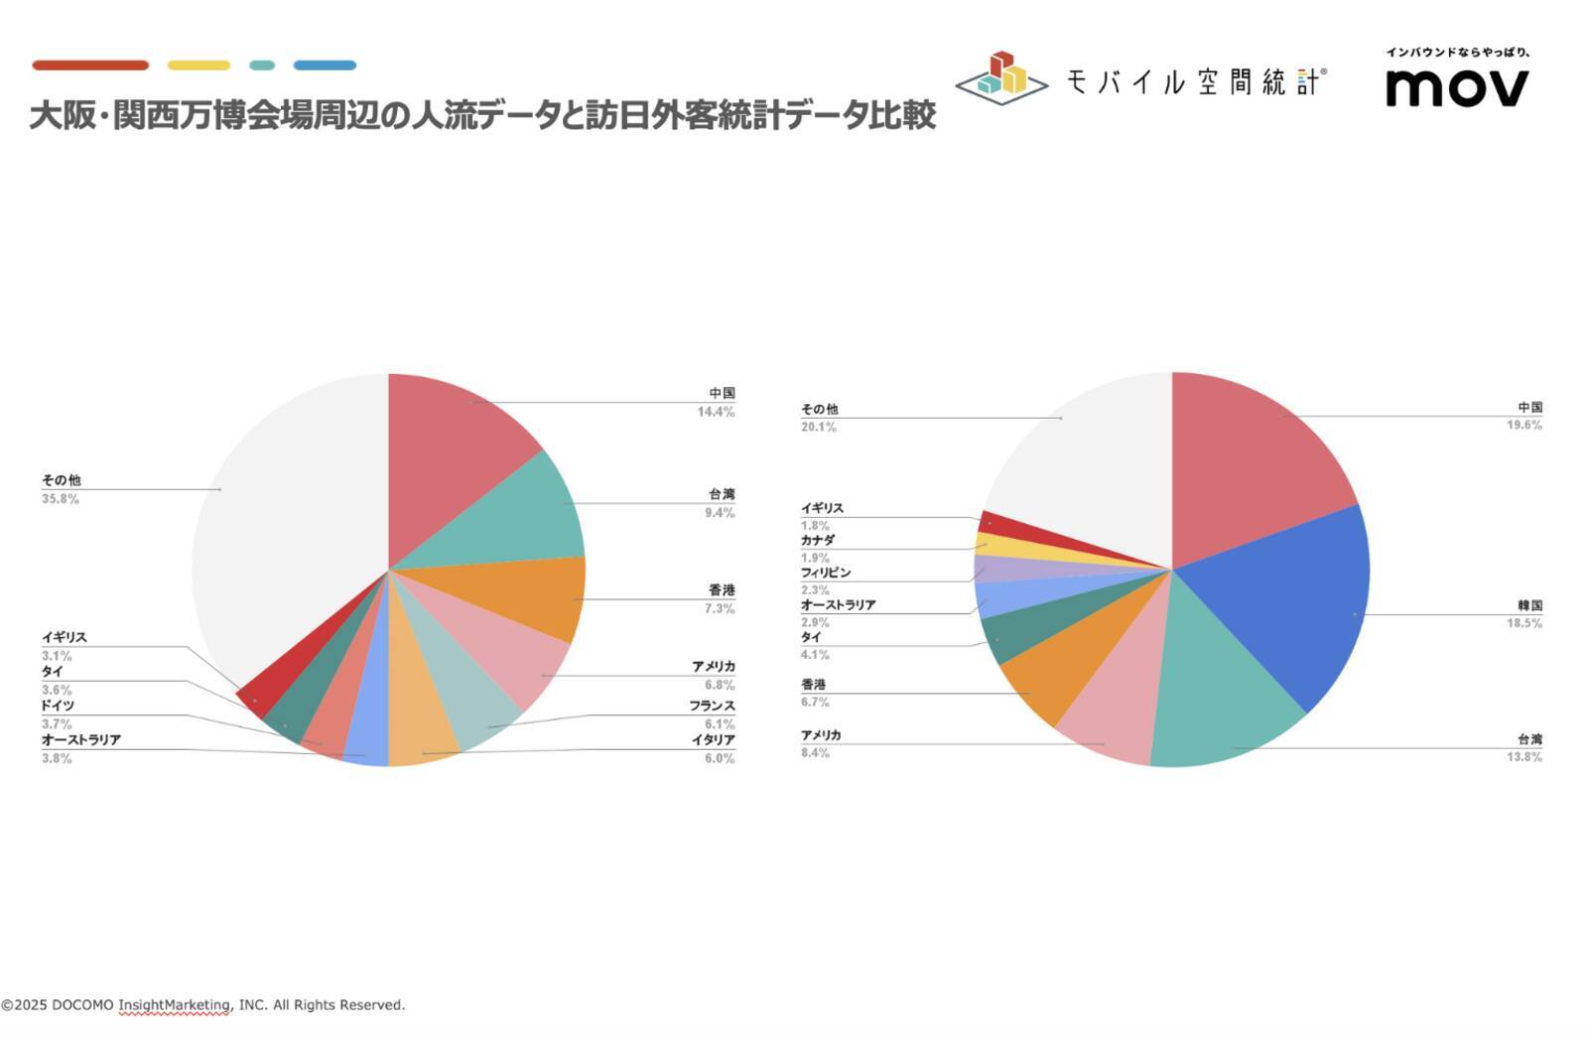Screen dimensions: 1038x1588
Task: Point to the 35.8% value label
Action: click(x=61, y=499)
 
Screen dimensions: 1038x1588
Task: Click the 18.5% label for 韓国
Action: click(x=1524, y=623)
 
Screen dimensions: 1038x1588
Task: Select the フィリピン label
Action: click(x=826, y=573)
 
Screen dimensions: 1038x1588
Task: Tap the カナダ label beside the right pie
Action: click(x=818, y=541)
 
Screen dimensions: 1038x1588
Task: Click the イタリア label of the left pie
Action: click(x=714, y=740)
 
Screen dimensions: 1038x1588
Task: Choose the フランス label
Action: click(x=713, y=706)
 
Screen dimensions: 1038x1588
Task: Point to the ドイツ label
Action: click(x=58, y=706)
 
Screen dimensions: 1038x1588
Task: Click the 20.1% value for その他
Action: click(x=819, y=427)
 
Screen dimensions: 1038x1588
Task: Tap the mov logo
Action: click(x=1457, y=87)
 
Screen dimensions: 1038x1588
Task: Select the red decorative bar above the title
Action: click(x=90, y=65)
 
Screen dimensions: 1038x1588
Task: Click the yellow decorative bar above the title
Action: click(x=198, y=65)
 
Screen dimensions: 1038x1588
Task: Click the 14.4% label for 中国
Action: click(x=716, y=412)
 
